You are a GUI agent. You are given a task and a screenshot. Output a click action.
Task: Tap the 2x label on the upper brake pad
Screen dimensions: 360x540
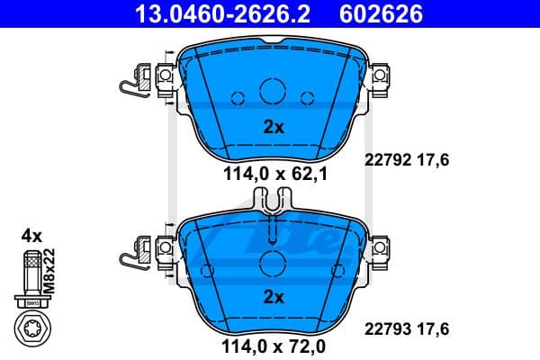pos(273,127)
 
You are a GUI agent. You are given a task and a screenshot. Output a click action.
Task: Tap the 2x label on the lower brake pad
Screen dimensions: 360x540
pos(273,296)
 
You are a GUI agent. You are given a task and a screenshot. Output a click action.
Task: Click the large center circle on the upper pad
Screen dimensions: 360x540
pos(272,91)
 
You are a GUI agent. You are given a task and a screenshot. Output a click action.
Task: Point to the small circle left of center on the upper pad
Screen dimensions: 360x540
pos(238,99)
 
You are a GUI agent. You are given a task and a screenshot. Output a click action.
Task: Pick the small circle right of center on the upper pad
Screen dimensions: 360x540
pos(306,99)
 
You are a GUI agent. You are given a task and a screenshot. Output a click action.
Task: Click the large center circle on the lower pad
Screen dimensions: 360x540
pos(272,263)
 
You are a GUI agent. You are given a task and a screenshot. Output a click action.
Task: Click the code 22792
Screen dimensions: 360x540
pos(381,159)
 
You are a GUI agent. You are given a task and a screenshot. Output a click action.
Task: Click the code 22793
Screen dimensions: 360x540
pos(381,328)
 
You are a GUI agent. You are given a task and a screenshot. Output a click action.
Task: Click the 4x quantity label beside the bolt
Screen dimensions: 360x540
pos(31,236)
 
